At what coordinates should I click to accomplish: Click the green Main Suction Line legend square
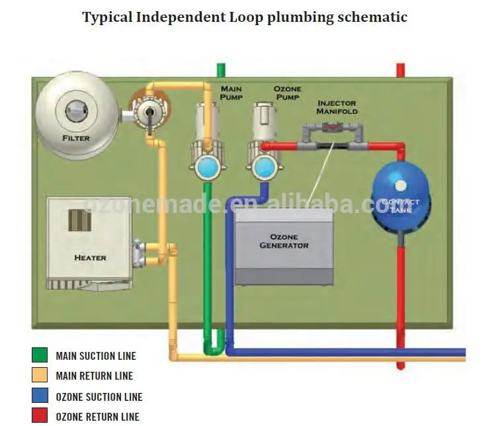point(39,355)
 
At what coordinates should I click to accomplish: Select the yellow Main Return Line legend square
point(39,376)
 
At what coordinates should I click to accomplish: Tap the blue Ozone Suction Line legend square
point(39,397)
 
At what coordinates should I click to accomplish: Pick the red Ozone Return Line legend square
point(39,417)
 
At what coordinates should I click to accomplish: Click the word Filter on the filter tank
point(76,138)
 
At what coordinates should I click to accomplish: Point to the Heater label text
point(90,257)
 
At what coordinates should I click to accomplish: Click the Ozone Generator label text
point(284,241)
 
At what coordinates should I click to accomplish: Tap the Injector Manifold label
point(337,107)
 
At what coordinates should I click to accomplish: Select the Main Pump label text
point(231,93)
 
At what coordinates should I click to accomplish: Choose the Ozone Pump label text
point(288,93)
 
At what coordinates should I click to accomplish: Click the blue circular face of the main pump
point(208,165)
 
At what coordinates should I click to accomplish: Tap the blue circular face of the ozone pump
point(265,165)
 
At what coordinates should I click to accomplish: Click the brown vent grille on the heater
point(79,220)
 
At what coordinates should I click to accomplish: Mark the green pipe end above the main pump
point(221,69)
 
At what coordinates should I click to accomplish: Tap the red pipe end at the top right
point(400,69)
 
